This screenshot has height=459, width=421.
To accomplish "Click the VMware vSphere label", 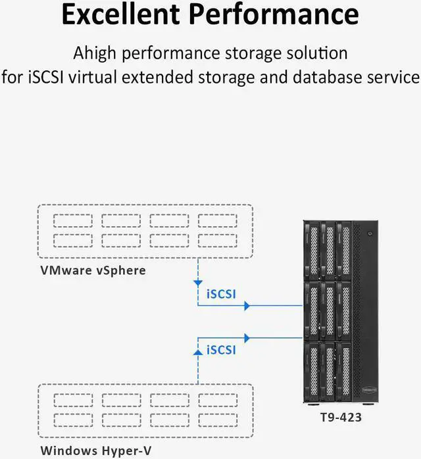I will click(x=93, y=270).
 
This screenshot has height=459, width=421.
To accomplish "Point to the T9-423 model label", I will click(x=336, y=417).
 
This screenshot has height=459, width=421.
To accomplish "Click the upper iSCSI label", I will click(x=221, y=294).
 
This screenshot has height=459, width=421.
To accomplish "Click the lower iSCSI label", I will click(x=221, y=350).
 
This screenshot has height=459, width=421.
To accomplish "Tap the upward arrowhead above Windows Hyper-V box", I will click(x=198, y=352).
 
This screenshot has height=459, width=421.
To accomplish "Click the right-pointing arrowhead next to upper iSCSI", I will click(x=247, y=306).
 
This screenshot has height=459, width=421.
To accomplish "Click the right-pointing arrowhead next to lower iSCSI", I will click(x=247, y=337).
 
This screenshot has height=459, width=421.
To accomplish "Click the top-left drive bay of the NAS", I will click(x=313, y=249).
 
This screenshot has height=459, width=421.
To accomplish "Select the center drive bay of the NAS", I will click(x=328, y=309).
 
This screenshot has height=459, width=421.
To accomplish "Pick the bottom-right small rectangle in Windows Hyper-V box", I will click(x=218, y=420).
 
